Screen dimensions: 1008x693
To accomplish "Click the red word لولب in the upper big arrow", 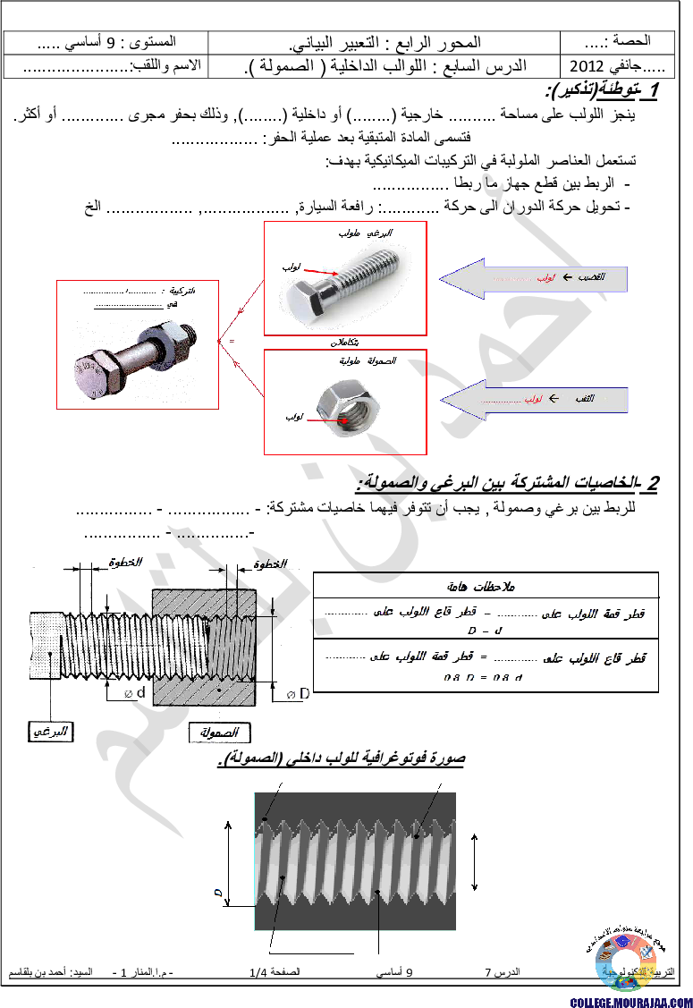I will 550,278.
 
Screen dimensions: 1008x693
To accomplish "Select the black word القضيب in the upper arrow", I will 590,278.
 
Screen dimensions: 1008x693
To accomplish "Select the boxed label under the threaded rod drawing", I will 50,732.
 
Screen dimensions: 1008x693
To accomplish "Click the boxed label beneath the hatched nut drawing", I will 220,733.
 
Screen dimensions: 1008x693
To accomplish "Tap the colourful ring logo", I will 626,962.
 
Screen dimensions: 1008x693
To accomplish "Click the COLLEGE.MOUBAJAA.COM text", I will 630,1002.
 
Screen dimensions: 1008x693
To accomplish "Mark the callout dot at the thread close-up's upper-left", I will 266,818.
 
